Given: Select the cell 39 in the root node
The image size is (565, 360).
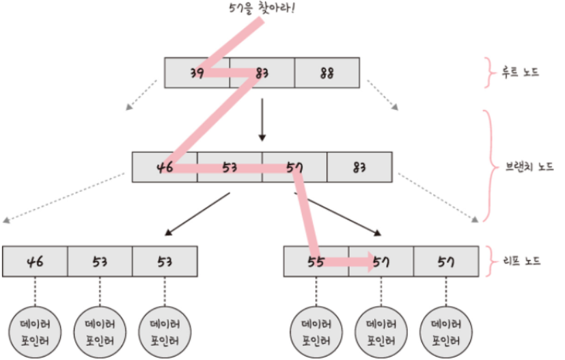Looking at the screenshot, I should [197, 72].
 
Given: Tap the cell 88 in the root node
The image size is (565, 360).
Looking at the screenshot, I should [327, 72].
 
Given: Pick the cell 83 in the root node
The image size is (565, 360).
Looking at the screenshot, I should [262, 72].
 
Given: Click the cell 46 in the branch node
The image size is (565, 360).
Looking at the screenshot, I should [165, 167].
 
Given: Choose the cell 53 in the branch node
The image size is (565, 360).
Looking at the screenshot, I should [230, 167].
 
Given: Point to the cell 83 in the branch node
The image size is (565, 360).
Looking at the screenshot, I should [359, 167].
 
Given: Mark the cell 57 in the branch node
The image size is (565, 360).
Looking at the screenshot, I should [294, 167].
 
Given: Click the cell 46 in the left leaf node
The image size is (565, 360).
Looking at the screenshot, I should [36, 262].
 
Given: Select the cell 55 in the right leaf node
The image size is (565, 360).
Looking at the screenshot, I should [316, 262].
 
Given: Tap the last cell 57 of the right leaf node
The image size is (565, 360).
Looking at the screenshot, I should [445, 262].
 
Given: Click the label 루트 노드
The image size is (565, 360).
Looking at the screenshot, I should [518, 72].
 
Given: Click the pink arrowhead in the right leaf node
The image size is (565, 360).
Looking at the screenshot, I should [370, 262].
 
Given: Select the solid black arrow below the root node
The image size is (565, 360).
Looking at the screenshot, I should [262, 120].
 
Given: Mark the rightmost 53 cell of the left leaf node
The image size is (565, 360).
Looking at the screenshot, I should [165, 262].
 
